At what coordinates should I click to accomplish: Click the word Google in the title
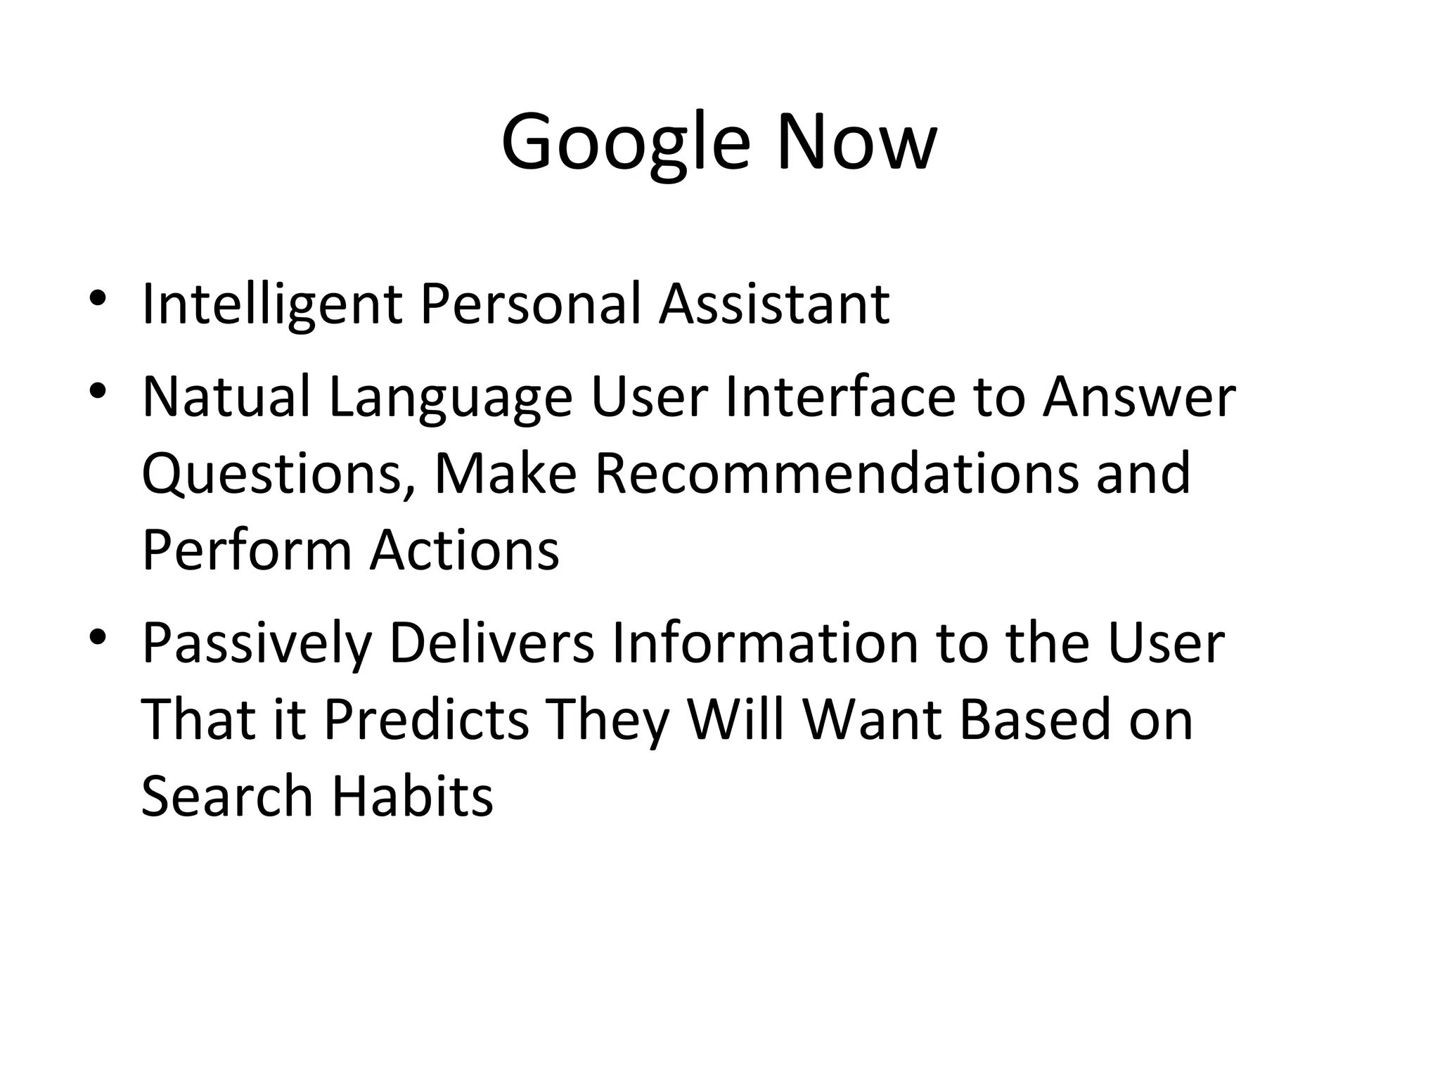[x=625, y=143]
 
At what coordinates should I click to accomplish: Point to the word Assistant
[x=774, y=304]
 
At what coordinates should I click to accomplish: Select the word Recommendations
[x=837, y=473]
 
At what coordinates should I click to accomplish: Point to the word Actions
[x=465, y=551]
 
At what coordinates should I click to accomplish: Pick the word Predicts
[x=425, y=719]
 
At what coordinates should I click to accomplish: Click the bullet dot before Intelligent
[x=98, y=297]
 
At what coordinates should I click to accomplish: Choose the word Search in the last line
[x=226, y=797]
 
